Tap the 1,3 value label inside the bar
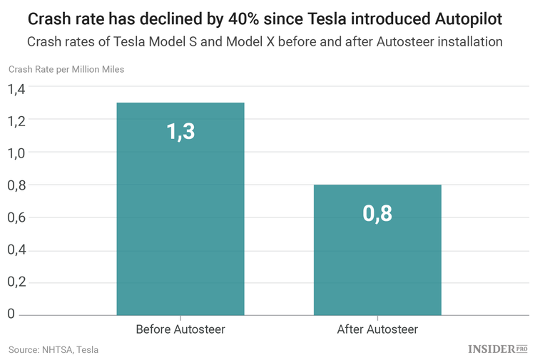click(x=180, y=132)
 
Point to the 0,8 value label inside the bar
click(x=377, y=213)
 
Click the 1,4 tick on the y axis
click(x=16, y=89)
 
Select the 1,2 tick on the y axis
click(x=16, y=121)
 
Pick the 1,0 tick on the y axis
click(x=16, y=153)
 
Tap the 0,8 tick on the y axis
click(x=16, y=185)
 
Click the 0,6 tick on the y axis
click(x=16, y=218)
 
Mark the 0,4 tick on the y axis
click(x=16, y=250)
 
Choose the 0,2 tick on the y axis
click(x=16, y=282)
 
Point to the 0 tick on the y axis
click(x=11, y=314)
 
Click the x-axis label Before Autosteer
click(x=180, y=329)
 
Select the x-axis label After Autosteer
click(x=377, y=329)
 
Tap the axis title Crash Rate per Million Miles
click(x=66, y=69)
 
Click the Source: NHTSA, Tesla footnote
click(x=53, y=349)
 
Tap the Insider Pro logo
click(x=497, y=349)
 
